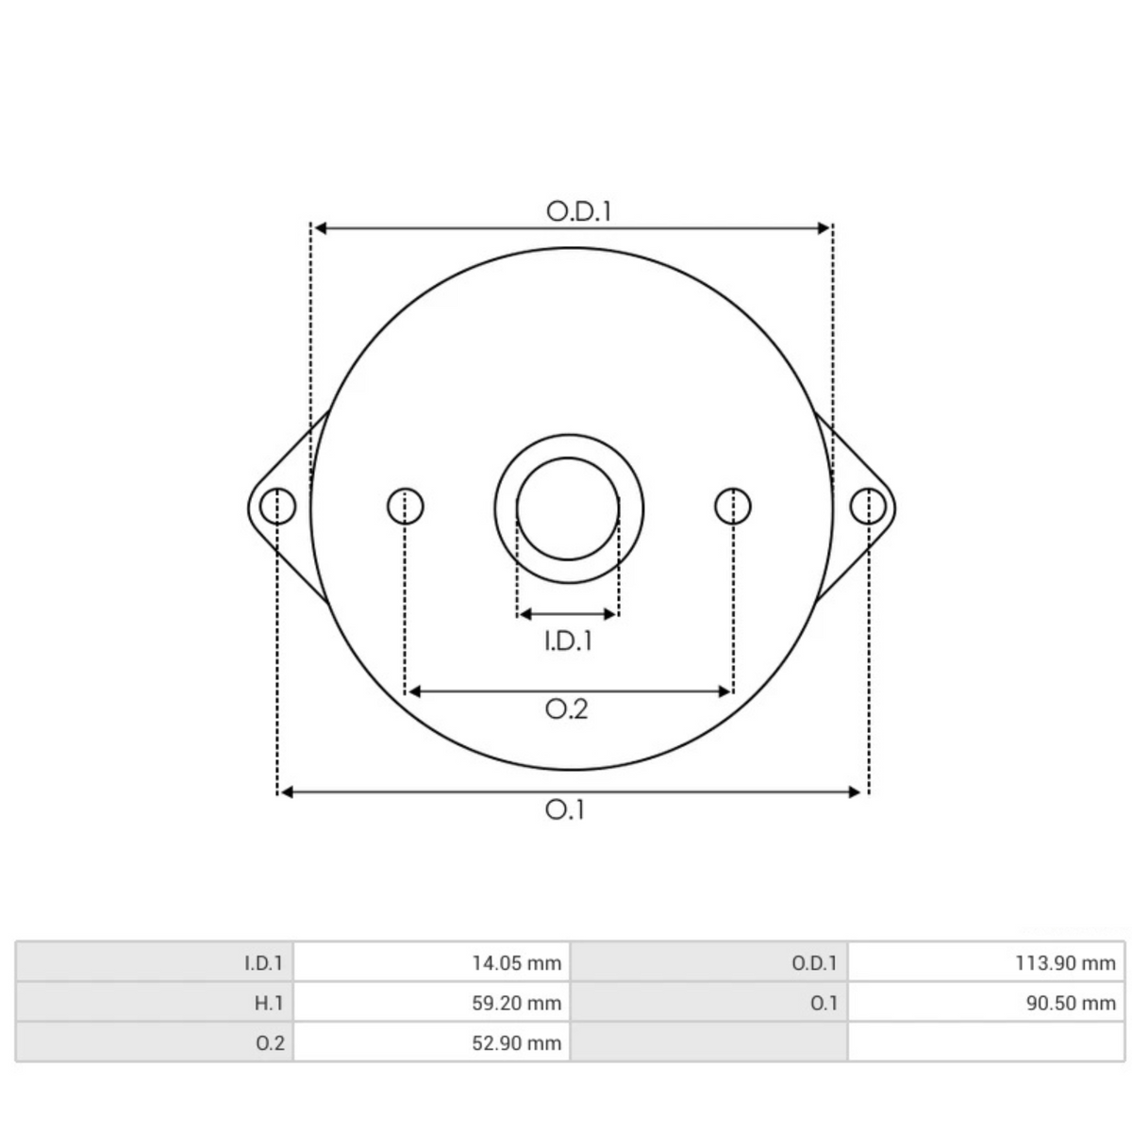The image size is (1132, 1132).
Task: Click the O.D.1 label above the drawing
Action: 578,211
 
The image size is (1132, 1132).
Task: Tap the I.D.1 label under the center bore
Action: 568,641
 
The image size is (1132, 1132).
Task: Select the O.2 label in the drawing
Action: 566,709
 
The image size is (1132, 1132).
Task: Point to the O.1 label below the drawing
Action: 564,810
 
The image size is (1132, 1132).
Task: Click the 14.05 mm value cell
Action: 431,963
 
